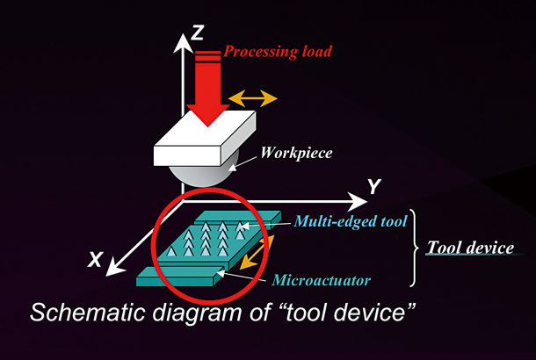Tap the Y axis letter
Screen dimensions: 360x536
click(373, 185)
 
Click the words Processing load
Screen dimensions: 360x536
click(278, 52)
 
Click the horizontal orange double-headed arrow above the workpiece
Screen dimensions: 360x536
click(252, 97)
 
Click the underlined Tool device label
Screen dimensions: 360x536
click(470, 248)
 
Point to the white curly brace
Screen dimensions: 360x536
click(413, 248)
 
